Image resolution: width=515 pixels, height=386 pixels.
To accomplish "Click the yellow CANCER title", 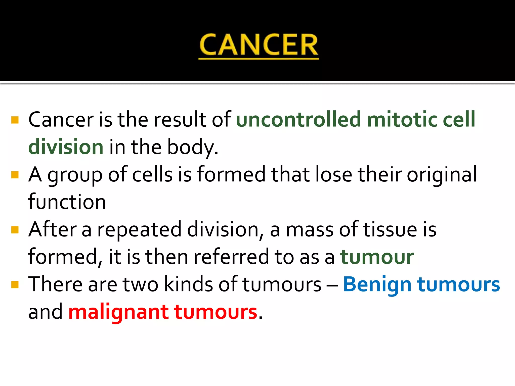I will pos(259,45).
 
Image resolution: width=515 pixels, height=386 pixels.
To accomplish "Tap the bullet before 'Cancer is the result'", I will pos(15,120).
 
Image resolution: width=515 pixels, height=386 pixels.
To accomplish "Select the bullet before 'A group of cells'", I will pos(15,175).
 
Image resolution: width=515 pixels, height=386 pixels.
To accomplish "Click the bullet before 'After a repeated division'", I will pos(15,230).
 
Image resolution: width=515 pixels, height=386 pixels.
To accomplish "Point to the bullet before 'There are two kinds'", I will pos(15,284).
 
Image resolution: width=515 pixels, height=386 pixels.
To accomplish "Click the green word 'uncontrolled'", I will pos(298,119).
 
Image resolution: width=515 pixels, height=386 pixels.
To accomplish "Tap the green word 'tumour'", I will pos(377,257).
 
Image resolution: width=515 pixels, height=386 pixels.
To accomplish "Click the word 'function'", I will pos(67,202).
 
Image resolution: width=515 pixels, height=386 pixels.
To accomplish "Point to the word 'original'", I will pos(442,175).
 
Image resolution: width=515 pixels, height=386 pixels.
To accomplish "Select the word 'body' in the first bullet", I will pos(191,147).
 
